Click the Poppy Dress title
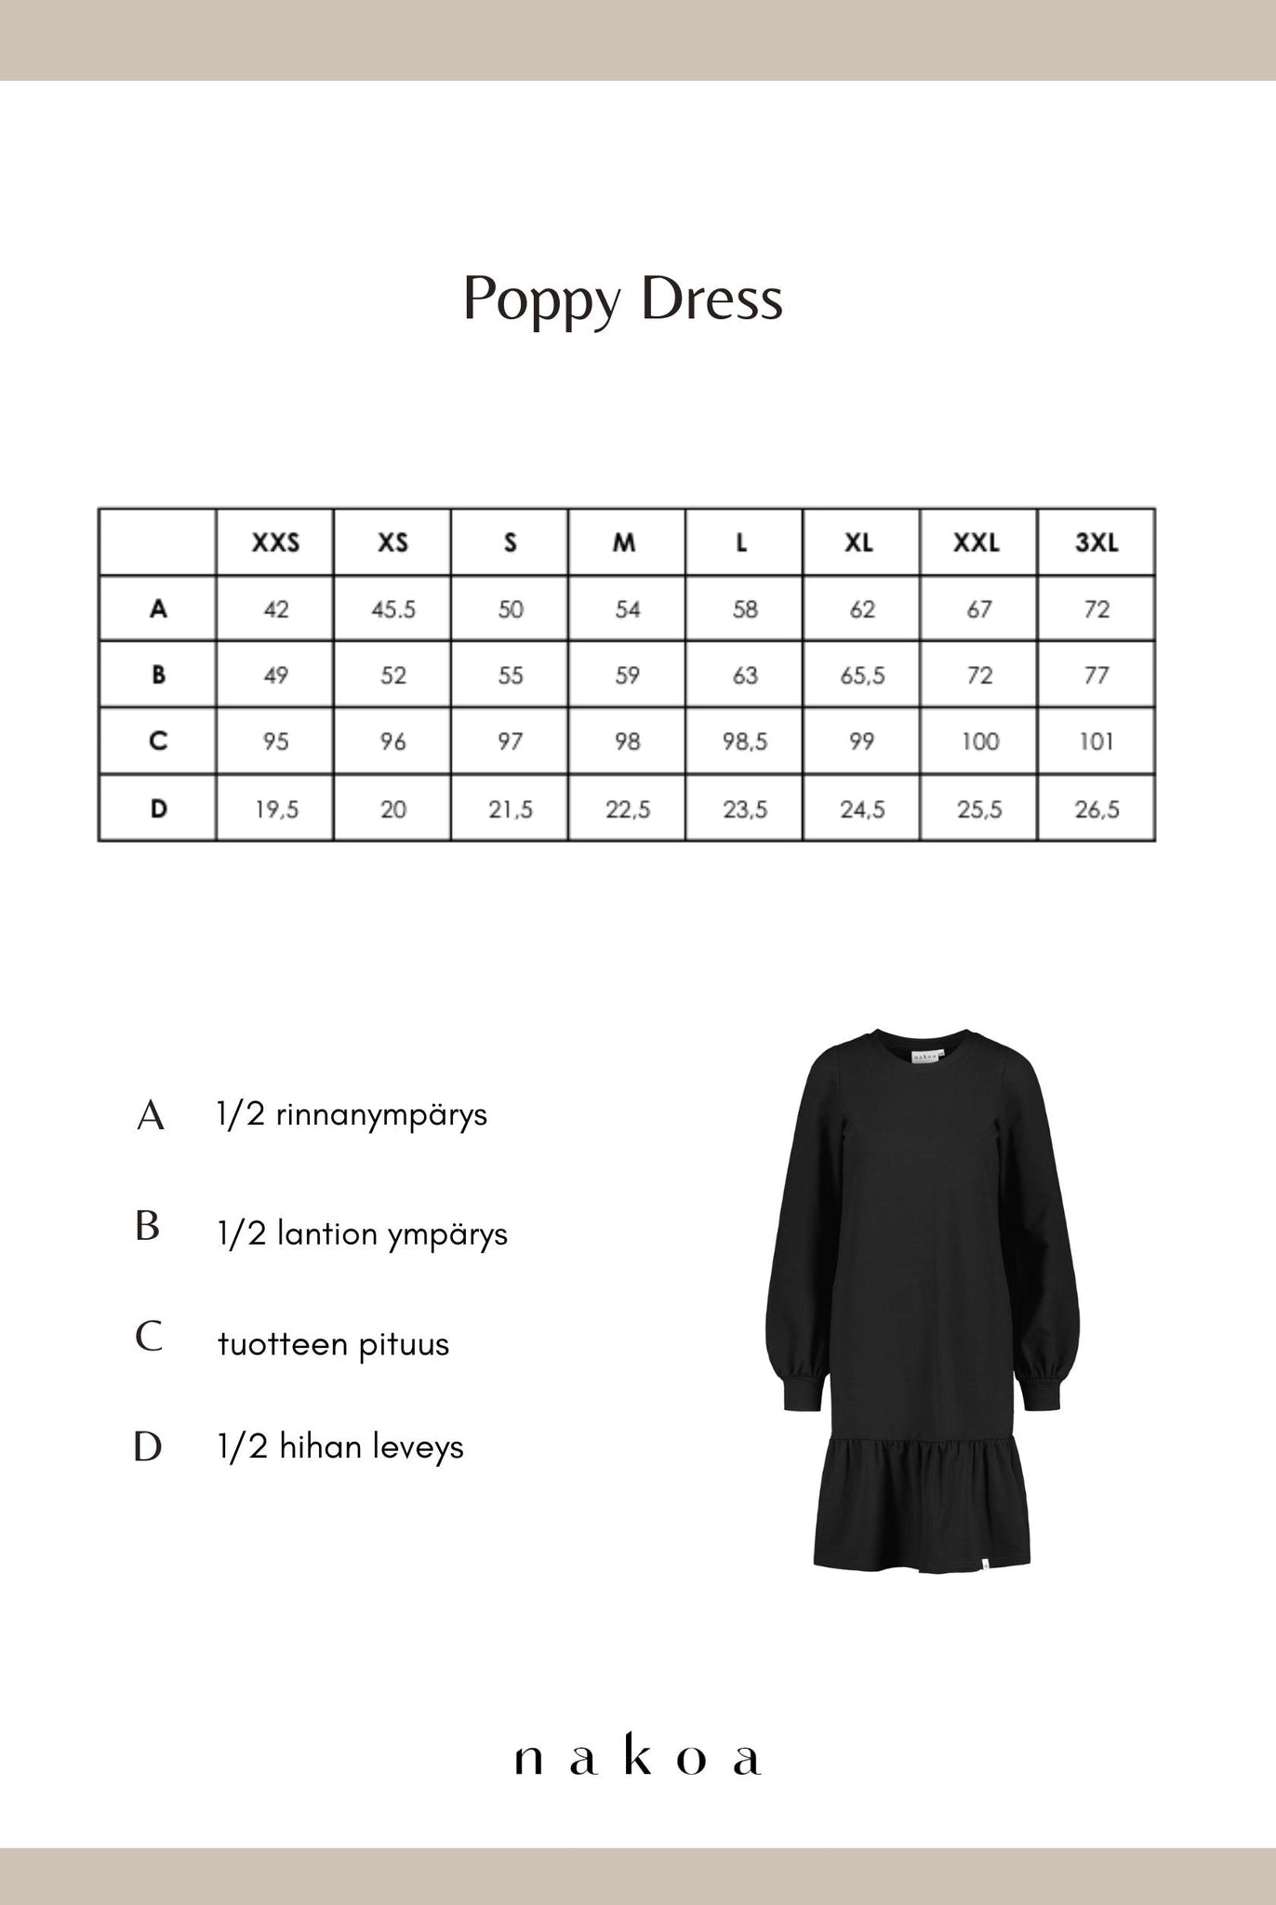(x=623, y=300)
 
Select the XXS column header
(x=275, y=542)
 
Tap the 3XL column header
(x=1097, y=542)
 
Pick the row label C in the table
(x=158, y=741)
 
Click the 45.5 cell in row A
(x=393, y=609)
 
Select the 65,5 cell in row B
(x=862, y=675)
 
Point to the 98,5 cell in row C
(x=745, y=741)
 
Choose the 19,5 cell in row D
(x=276, y=809)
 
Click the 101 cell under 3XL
(x=1097, y=741)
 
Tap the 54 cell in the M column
(x=628, y=609)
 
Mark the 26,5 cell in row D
(x=1097, y=809)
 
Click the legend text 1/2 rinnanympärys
(x=352, y=1114)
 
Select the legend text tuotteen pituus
(x=333, y=1344)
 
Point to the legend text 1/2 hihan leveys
(x=340, y=1447)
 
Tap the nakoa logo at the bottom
(x=638, y=1759)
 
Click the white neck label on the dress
(x=924, y=1056)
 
